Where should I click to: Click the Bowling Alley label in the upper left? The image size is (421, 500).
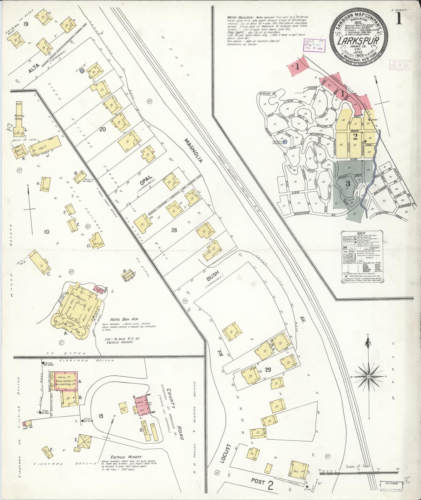coord(19,117)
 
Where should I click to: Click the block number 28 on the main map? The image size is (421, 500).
coord(174,230)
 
